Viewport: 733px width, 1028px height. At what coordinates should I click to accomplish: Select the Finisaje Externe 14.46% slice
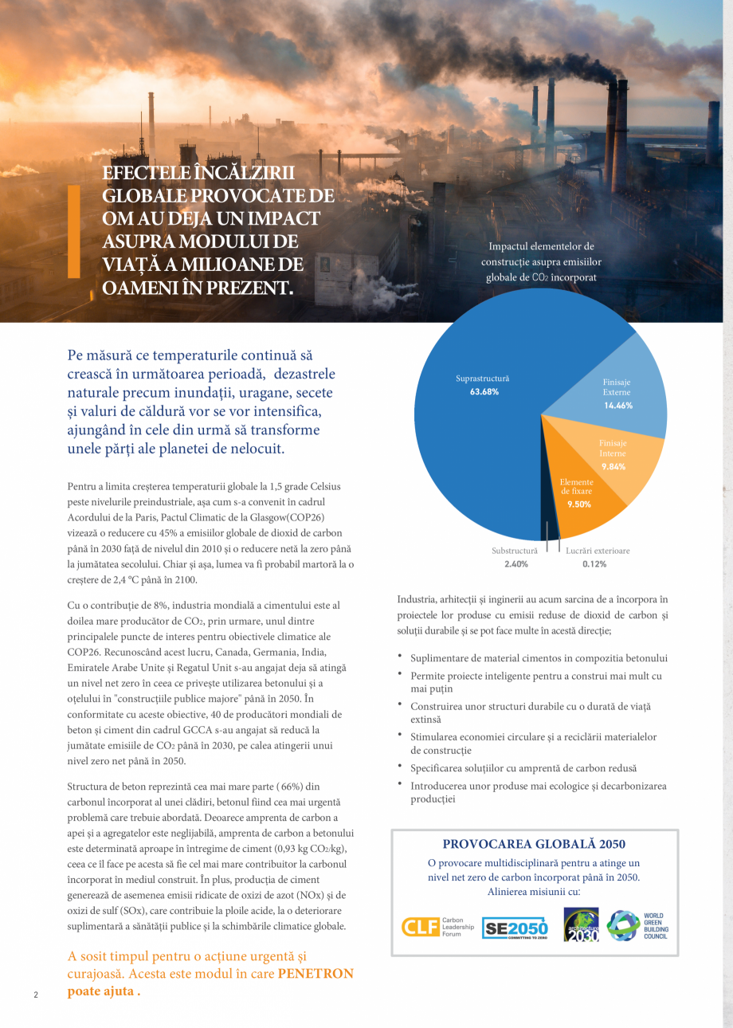click(617, 394)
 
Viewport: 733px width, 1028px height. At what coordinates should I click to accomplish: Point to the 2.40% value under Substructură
click(515, 564)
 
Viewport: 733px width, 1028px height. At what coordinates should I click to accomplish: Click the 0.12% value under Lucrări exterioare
click(594, 564)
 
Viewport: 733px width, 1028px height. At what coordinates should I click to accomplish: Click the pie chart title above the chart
click(541, 262)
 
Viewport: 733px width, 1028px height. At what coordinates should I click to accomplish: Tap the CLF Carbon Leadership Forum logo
click(437, 927)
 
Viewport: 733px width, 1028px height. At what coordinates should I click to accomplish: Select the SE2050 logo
click(515, 928)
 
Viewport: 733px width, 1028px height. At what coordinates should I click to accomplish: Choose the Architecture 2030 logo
click(581, 925)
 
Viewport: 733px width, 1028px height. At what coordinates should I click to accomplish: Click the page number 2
click(35, 995)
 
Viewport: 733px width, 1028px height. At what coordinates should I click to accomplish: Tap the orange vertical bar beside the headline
click(73, 231)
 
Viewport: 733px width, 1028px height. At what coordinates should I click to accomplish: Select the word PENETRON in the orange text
click(316, 974)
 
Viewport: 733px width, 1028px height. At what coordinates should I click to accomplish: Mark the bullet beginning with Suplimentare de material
click(539, 658)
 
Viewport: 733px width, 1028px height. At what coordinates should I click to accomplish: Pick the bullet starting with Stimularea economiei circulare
click(533, 737)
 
